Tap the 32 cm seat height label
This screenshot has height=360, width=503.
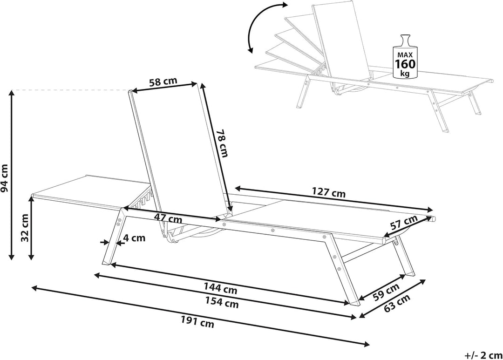[x=25, y=227]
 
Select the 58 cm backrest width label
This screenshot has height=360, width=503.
[x=163, y=82]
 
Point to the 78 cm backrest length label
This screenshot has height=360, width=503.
[x=222, y=143]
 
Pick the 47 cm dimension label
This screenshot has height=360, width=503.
[x=168, y=219]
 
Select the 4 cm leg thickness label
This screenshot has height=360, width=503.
[x=135, y=238]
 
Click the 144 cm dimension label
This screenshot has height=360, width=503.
[x=221, y=288]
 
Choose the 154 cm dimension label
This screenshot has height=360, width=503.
[x=222, y=302]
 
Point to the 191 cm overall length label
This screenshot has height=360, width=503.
[x=197, y=322]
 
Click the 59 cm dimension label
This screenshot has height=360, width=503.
[x=386, y=292]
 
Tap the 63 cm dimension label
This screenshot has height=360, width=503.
[x=397, y=303]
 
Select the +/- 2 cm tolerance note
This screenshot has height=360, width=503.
[x=483, y=355]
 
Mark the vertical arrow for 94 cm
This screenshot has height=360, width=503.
[x=12, y=175]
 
